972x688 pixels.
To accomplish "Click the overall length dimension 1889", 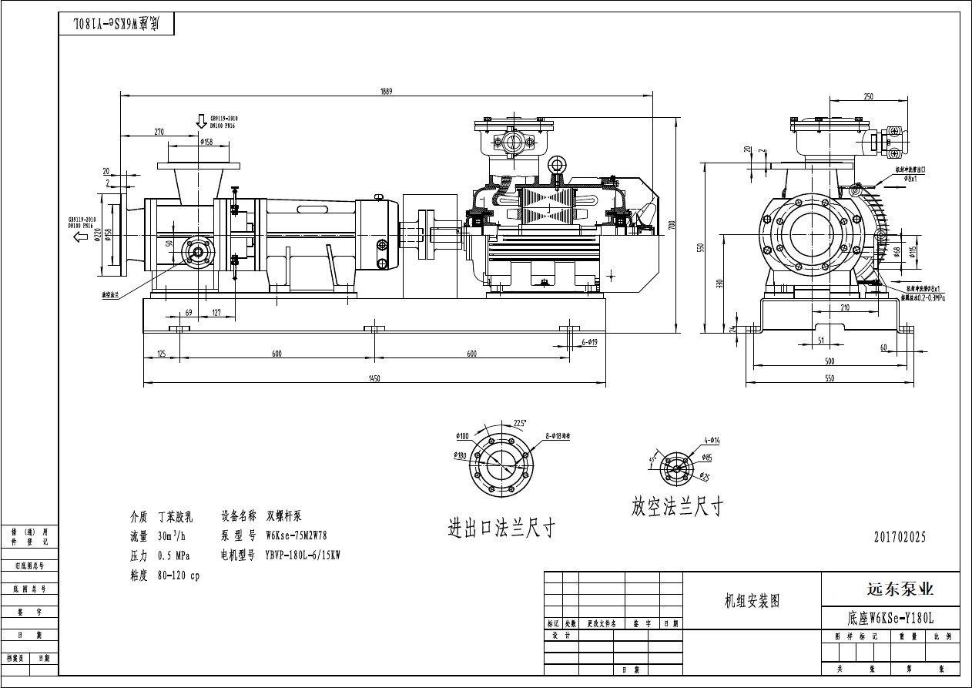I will pyautogui.click(x=386, y=92).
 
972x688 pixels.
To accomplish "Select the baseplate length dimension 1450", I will pyautogui.click(x=374, y=378).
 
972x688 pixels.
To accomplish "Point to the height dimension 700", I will pyautogui.click(x=672, y=225).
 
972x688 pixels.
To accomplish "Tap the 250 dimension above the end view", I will pyautogui.click(x=868, y=97).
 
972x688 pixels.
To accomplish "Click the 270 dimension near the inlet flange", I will pyautogui.click(x=159, y=132).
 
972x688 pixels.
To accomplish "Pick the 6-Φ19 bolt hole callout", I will pyautogui.click(x=592, y=341).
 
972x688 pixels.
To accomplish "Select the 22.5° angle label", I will pyautogui.click(x=521, y=421).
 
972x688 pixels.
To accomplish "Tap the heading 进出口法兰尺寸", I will pyautogui.click(x=501, y=529).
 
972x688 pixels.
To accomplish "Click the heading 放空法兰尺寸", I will pyautogui.click(x=677, y=506).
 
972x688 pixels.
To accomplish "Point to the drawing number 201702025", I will pyautogui.click(x=900, y=537).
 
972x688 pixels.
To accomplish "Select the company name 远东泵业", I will pyautogui.click(x=890, y=589).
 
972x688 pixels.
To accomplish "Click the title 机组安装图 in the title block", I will pyautogui.click(x=752, y=601).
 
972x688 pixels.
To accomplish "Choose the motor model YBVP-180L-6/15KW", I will pyautogui.click(x=303, y=555).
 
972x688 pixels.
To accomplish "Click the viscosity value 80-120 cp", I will pyautogui.click(x=178, y=576).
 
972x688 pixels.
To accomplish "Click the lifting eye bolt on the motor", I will pyautogui.click(x=558, y=165).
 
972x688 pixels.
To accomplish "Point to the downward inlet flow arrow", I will pyautogui.click(x=201, y=122).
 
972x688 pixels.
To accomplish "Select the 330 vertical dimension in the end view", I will pyautogui.click(x=719, y=284).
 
